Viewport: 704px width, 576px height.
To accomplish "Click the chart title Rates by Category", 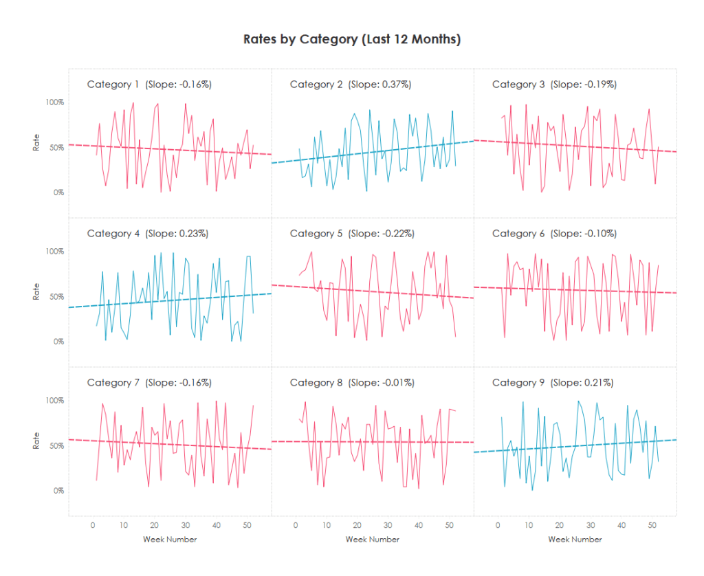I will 352,39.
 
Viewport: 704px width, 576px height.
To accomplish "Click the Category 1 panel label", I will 113,85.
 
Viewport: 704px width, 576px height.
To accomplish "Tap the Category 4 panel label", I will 113,234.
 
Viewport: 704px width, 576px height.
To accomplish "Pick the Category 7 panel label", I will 113,383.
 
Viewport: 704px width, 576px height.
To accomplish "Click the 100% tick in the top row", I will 55,102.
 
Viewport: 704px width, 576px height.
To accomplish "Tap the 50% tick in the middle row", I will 56,296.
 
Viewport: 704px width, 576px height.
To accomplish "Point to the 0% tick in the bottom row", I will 59,491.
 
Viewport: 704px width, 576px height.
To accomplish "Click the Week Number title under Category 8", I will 373,540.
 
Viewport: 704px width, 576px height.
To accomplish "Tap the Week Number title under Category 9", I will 575,540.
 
